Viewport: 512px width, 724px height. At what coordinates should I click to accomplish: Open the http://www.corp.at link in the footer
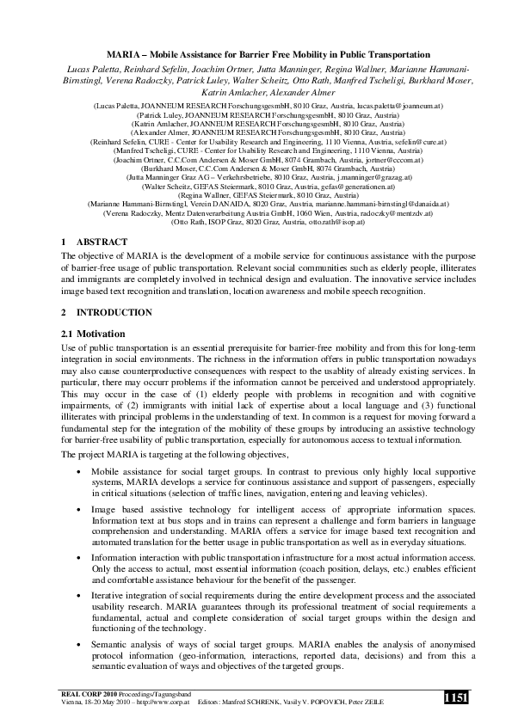(x=154, y=703)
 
